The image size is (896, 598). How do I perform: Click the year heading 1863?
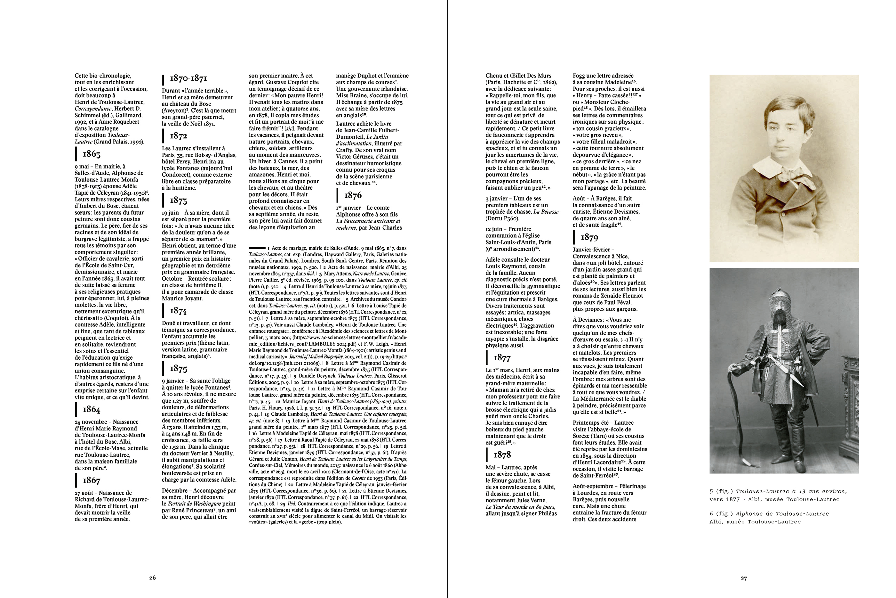pos(92,154)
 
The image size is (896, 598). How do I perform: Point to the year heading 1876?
pos(353,195)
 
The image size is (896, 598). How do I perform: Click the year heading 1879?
pos(589,238)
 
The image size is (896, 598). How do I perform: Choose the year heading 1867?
pos(92,480)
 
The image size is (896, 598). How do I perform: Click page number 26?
pos(152,578)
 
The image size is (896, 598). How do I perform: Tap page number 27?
pos(744,578)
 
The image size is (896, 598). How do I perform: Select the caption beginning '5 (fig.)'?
pos(778,496)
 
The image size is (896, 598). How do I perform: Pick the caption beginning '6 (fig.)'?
pos(769,518)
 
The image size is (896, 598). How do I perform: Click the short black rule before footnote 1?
pos(257,248)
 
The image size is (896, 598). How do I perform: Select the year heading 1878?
pos(502,455)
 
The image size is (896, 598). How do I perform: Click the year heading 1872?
pos(178,136)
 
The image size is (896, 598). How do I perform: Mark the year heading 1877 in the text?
pos(502,358)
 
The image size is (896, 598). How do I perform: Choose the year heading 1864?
pos(92,410)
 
